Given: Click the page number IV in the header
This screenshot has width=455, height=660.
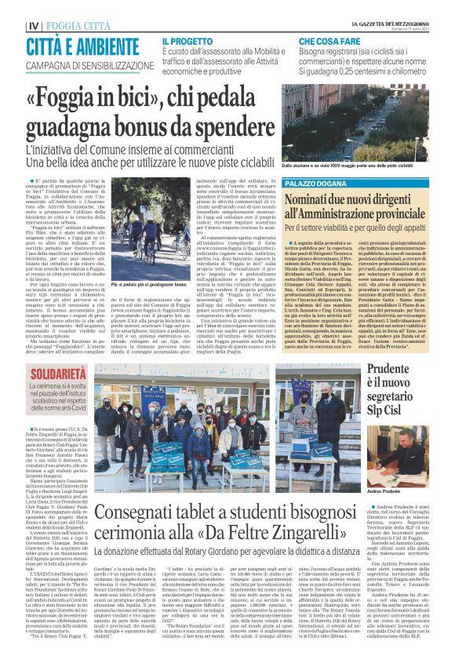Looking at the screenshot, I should coord(12,25).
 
